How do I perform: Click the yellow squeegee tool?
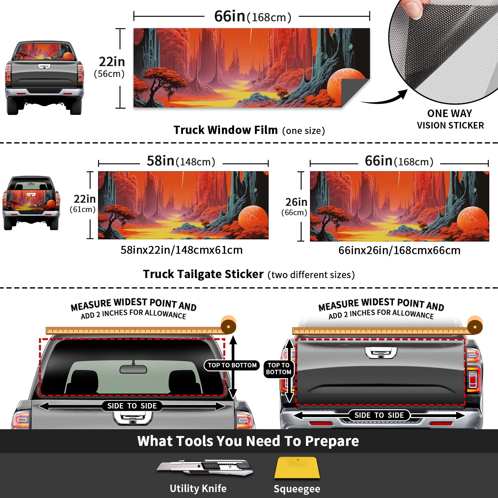click(297, 468)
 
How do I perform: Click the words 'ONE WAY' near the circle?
click(449, 113)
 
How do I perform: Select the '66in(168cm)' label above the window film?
click(252, 16)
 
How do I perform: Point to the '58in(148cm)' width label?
click(181, 161)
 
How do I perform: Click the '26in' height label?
click(296, 202)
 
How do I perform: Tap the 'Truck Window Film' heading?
click(225, 130)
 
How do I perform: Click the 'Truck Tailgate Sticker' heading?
click(203, 274)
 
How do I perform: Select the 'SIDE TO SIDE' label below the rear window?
click(132, 406)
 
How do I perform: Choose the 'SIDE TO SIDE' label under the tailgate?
click(379, 415)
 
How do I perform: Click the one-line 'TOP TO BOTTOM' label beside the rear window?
click(232, 365)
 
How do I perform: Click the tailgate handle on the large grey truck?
click(381, 353)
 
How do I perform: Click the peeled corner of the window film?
click(355, 92)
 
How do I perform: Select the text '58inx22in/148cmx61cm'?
click(181, 250)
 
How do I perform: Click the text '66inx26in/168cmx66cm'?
click(399, 250)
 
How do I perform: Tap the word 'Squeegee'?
click(297, 489)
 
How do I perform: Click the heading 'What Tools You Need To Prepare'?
click(248, 441)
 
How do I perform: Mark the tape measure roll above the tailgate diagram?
click(475, 326)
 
